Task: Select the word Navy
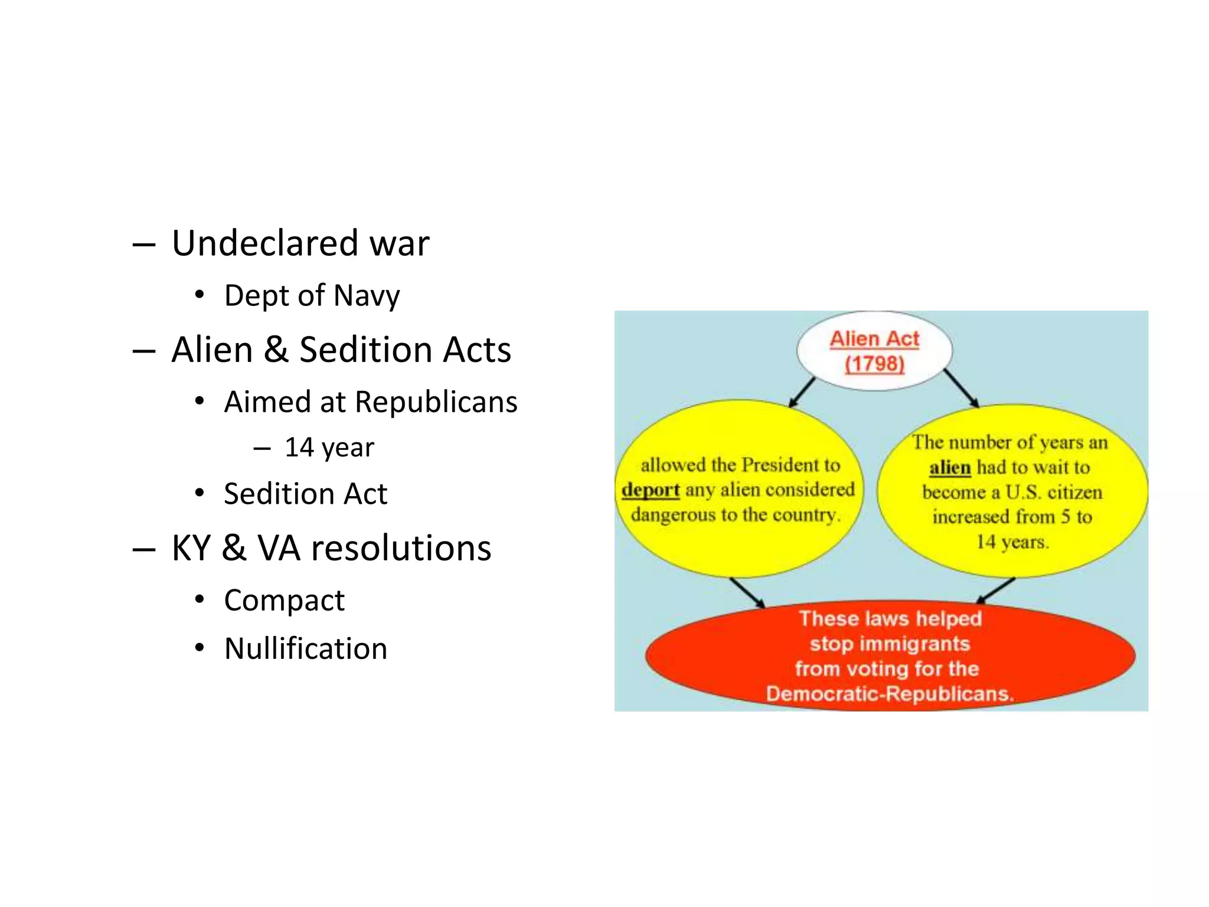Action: pyautogui.click(x=367, y=296)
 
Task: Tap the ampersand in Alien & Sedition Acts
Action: pyautogui.click(x=276, y=349)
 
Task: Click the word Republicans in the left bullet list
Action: pyautogui.click(x=436, y=402)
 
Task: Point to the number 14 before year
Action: pyautogui.click(x=299, y=448)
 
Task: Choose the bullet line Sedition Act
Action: pyautogui.click(x=305, y=494)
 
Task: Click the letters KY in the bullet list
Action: pyautogui.click(x=191, y=548)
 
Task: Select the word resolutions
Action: pyautogui.click(x=401, y=548)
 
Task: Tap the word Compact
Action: pyautogui.click(x=284, y=601)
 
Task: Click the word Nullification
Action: pyautogui.click(x=306, y=648)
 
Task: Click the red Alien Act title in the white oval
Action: pyautogui.click(x=874, y=339)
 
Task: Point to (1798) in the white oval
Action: pyautogui.click(x=874, y=364)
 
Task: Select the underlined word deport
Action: pyautogui.click(x=650, y=490)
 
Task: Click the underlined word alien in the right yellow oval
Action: pyautogui.click(x=949, y=468)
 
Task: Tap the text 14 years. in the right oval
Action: pyautogui.click(x=1012, y=542)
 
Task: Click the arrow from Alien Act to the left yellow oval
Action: pyautogui.click(x=802, y=393)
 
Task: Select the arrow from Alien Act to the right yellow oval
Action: pyautogui.click(x=961, y=388)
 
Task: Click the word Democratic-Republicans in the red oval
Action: pyautogui.click(x=889, y=694)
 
